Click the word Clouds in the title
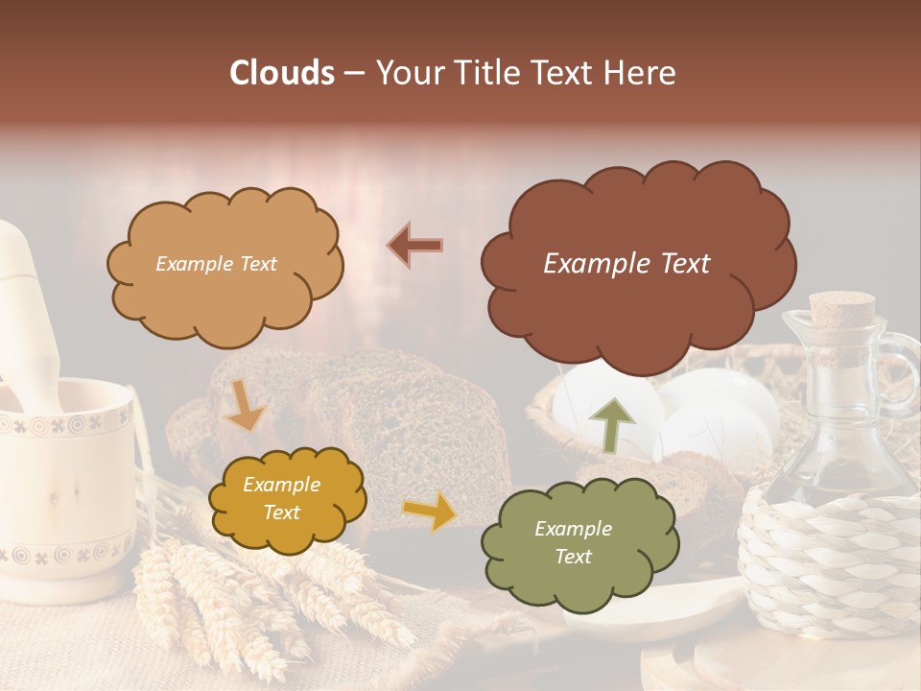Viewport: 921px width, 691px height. [282, 73]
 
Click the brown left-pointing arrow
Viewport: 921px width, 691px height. [415, 245]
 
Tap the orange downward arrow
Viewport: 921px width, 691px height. [243, 405]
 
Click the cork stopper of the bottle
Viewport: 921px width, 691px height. [841, 313]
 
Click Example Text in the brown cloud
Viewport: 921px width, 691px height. [626, 264]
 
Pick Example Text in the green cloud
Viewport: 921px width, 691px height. [573, 542]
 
